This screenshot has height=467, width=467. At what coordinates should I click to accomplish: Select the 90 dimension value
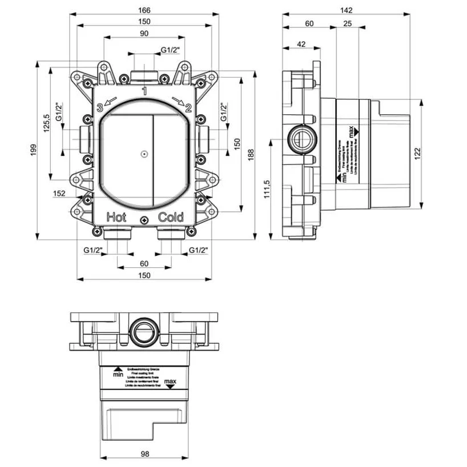click(x=144, y=34)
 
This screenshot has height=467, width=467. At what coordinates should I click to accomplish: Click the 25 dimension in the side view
click(x=348, y=23)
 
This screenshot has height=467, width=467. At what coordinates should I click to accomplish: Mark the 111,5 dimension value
click(x=267, y=190)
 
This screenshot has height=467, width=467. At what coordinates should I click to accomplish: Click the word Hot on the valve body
click(x=116, y=217)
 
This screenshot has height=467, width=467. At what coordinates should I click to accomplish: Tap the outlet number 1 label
click(x=144, y=91)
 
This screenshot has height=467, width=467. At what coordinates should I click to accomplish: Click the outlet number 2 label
click(x=188, y=106)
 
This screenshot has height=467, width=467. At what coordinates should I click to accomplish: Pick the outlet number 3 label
click(x=99, y=106)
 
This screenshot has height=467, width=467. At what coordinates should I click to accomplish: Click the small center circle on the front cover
click(x=144, y=154)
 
